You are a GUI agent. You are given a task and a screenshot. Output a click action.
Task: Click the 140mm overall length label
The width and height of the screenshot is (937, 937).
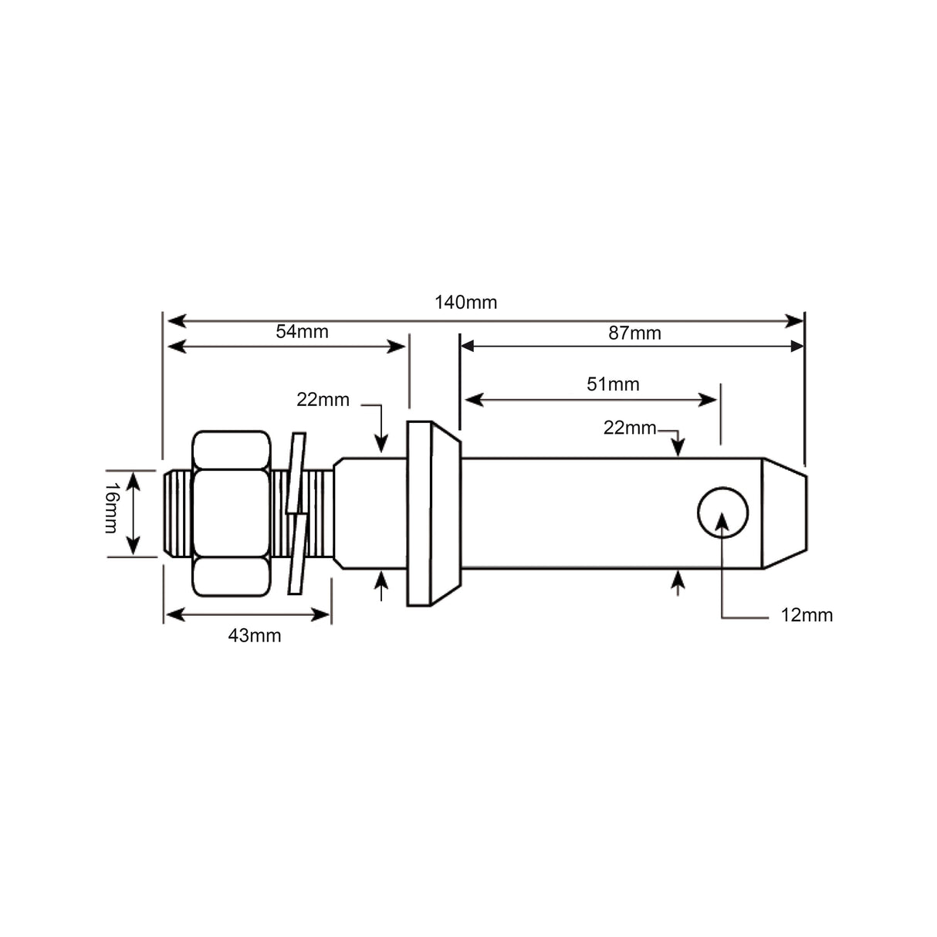tap(465, 303)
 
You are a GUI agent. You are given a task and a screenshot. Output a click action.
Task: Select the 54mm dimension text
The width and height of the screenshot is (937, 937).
tap(302, 332)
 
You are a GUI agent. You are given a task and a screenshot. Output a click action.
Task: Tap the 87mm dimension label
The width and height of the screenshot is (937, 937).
tap(634, 333)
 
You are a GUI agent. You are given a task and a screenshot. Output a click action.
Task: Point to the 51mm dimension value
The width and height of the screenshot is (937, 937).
tap(613, 384)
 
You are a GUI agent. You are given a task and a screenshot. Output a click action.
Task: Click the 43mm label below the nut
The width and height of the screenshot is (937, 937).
tap(255, 636)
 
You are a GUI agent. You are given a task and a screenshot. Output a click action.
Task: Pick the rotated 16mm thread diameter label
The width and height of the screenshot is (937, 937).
tap(110, 508)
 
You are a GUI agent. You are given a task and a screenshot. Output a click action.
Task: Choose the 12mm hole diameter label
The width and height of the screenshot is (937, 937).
tap(807, 615)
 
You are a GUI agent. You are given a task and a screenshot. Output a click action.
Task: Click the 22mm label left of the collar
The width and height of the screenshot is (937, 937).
tap(323, 400)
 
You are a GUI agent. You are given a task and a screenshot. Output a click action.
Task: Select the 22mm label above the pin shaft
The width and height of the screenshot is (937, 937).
tap(629, 428)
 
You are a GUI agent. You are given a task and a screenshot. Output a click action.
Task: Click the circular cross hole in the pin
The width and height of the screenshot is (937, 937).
tap(722, 512)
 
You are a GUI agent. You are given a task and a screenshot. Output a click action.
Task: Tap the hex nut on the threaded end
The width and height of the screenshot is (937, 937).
tap(232, 513)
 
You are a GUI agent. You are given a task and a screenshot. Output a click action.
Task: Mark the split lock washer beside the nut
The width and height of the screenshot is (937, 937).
tap(296, 513)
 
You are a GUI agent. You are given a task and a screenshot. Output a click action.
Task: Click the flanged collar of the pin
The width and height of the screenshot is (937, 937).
tap(431, 513)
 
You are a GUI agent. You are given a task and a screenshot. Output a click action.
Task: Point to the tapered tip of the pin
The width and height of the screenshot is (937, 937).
tap(785, 513)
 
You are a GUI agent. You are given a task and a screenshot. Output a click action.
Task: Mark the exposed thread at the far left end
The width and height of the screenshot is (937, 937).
tap(177, 513)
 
